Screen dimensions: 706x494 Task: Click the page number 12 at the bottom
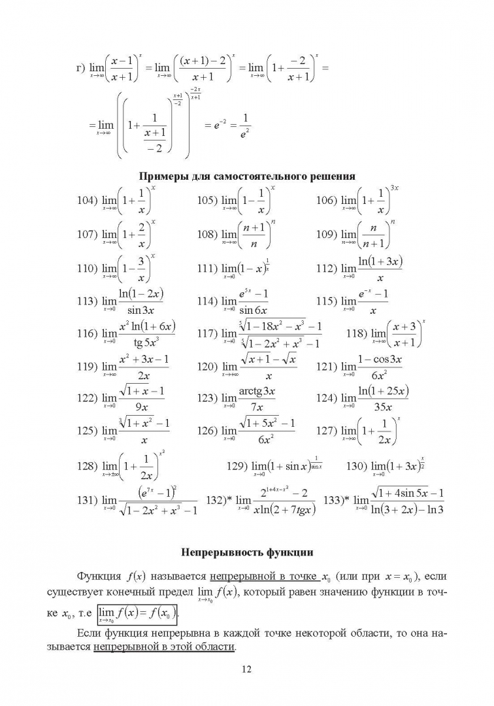coord(246,669)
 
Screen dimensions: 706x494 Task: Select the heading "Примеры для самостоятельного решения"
coord(247,176)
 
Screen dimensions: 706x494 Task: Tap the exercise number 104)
coord(87,201)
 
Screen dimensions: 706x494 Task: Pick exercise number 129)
coord(236,467)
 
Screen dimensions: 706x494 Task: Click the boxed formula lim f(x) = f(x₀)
coord(137,614)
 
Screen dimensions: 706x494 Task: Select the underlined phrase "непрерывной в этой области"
coord(164,647)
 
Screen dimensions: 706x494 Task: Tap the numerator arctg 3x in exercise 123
coord(257,391)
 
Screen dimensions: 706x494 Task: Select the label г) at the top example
coord(81,68)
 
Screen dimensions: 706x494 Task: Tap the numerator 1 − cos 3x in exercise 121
coord(379,359)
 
